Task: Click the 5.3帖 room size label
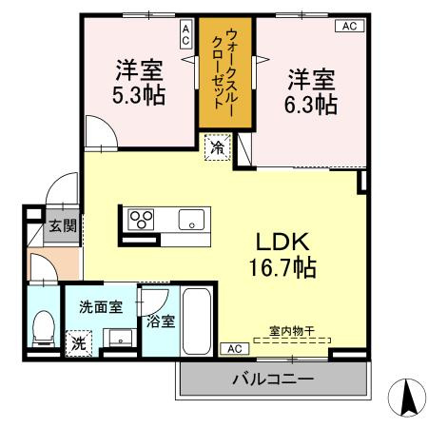(139, 96)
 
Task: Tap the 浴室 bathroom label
(160, 321)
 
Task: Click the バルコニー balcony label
(273, 379)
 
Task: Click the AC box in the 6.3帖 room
(348, 26)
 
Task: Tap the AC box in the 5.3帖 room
(185, 36)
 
